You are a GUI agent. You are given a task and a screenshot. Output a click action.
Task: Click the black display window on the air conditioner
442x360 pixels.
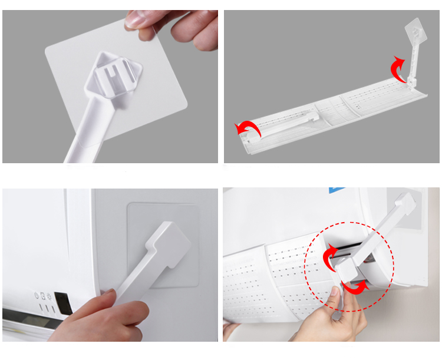pyautogui.click(x=62, y=302)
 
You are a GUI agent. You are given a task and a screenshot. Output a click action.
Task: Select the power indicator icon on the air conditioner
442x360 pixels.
pyautogui.click(x=37, y=296)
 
